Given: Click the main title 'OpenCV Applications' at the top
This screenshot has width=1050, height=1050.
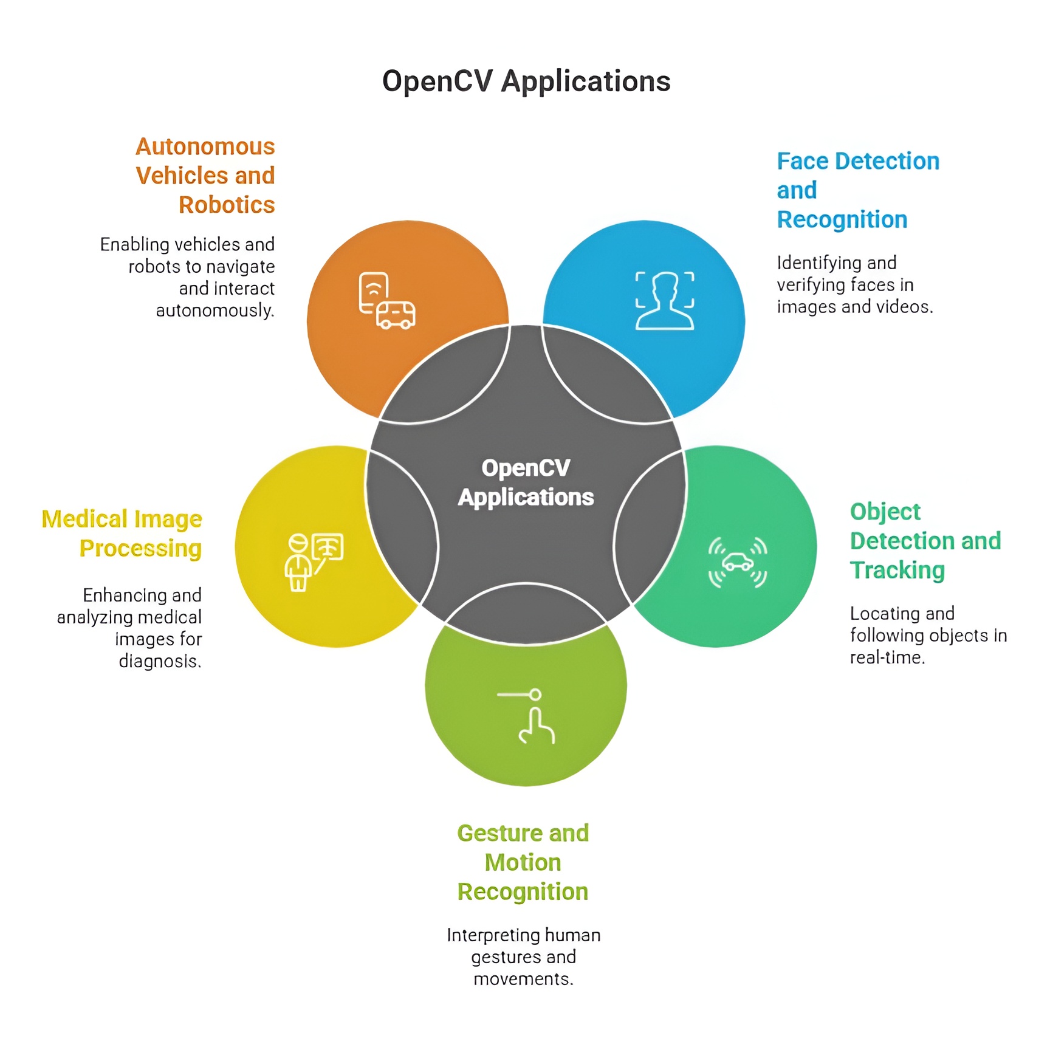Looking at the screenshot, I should (x=526, y=81).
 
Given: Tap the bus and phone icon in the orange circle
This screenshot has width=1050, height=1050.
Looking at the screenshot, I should (x=387, y=301).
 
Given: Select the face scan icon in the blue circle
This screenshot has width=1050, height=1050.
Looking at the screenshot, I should (x=665, y=301).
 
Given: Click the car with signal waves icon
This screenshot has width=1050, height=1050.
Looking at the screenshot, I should (x=738, y=562).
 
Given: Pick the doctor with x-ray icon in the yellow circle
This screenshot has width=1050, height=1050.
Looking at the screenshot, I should (x=314, y=562).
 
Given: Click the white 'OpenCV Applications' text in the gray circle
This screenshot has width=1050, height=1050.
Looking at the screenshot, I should (x=526, y=482).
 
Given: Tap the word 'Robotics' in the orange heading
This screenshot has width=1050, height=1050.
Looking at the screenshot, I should (x=227, y=205).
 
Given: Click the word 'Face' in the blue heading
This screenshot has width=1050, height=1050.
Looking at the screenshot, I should (x=803, y=161).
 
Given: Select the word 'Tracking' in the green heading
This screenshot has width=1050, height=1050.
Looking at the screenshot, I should (x=897, y=571).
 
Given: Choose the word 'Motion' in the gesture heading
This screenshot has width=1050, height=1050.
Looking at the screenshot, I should (x=523, y=862).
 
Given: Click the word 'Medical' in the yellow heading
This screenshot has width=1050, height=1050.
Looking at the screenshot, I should (x=84, y=520).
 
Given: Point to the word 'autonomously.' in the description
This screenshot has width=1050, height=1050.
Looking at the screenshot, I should (x=215, y=311).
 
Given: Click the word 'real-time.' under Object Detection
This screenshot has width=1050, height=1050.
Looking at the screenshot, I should (x=887, y=657).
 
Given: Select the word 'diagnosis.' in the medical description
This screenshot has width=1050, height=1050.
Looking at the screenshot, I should (x=160, y=661).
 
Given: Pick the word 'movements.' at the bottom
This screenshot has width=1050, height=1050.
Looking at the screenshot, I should (x=523, y=979).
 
